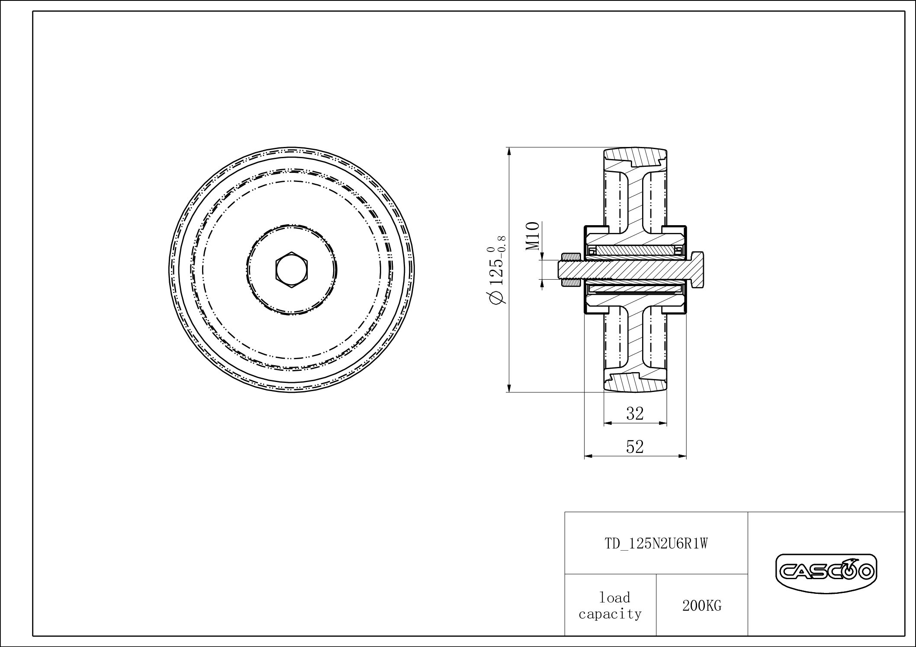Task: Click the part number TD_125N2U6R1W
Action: [x=656, y=544]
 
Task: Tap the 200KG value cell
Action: [x=702, y=606]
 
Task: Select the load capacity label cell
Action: [x=610, y=606]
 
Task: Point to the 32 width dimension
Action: [x=635, y=414]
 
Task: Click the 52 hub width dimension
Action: [x=635, y=446]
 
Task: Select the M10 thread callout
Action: [x=533, y=236]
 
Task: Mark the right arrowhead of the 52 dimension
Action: [x=683, y=456]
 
